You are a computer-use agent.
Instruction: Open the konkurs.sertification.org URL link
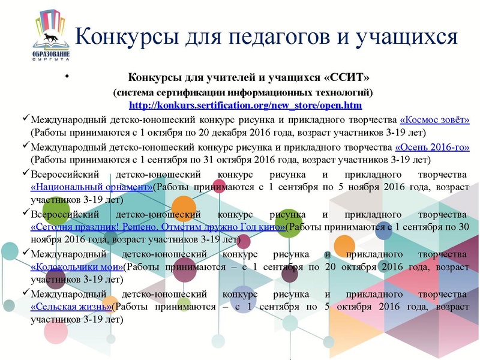pyautogui.click(x=245, y=106)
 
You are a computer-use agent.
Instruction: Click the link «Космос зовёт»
pyautogui.click(x=434, y=120)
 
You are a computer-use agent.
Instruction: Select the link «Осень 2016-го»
pyautogui.click(x=432, y=147)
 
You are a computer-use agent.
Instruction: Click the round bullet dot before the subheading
pyautogui.click(x=67, y=77)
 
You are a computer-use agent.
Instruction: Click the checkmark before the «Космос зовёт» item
pyautogui.click(x=25, y=119)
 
